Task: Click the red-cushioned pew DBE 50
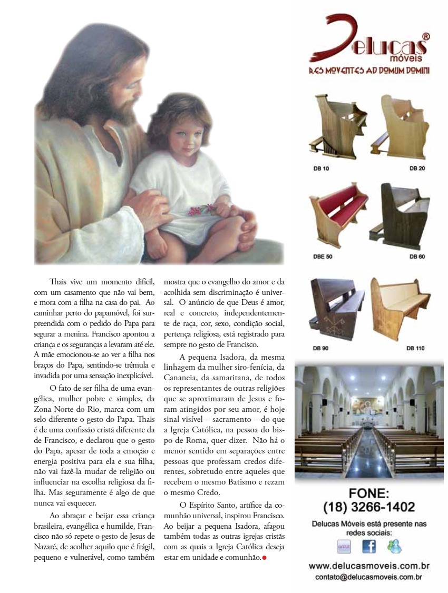[337, 216]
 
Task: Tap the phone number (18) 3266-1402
[369, 507]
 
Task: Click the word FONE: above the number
[369, 493]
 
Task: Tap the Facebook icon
[369, 547]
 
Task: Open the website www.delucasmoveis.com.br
[369, 567]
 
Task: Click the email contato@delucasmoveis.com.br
[369, 577]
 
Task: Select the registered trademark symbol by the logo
[426, 36]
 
